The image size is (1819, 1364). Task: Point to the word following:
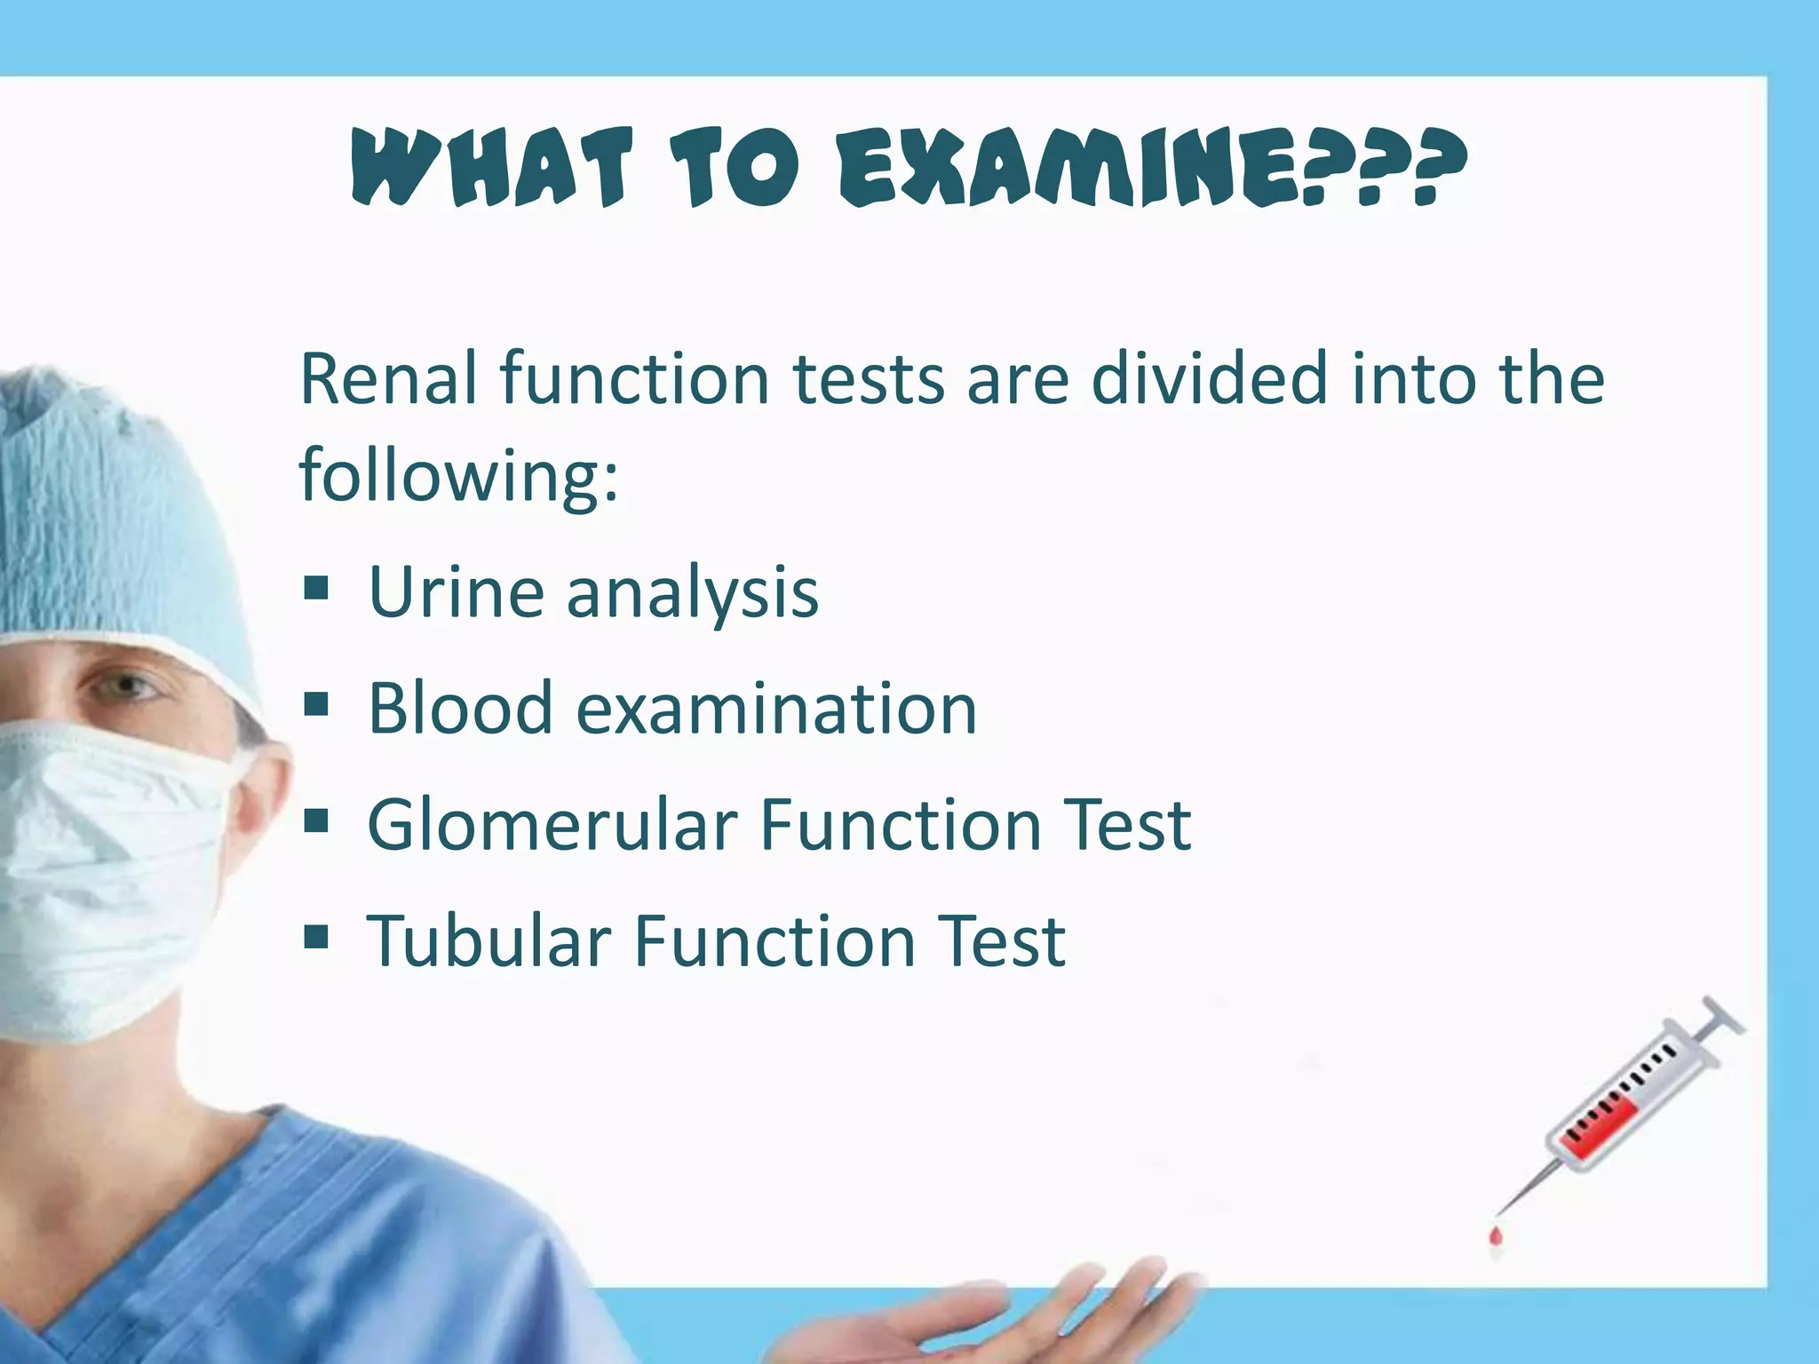pyautogui.click(x=458, y=475)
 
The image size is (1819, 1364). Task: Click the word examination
pyautogui.click(x=776, y=709)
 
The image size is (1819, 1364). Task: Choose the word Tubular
pyautogui.click(x=488, y=941)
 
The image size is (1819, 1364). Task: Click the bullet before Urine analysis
pyautogui.click(x=315, y=589)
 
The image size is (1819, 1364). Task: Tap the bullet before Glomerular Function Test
pyautogui.click(x=315, y=821)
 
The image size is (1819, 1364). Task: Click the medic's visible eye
pyautogui.click(x=124, y=685)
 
